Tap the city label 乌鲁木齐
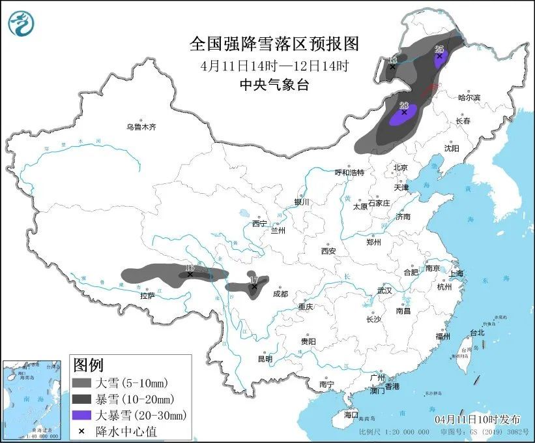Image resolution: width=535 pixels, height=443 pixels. click(x=141, y=127)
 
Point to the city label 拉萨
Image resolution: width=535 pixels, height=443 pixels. click(x=147, y=296)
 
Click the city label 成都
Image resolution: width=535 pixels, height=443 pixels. click(x=280, y=294)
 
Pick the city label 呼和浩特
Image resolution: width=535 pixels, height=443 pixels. click(x=349, y=172)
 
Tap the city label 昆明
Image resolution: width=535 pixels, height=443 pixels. click(x=265, y=358)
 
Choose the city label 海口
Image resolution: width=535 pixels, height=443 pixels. click(x=351, y=414)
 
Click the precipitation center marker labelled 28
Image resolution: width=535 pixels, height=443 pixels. click(x=404, y=112)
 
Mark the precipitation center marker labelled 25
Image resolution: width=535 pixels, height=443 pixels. click(x=439, y=56)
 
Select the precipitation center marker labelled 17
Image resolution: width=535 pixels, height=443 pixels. click(x=254, y=286)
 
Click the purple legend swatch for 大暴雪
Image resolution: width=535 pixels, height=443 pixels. click(x=82, y=414)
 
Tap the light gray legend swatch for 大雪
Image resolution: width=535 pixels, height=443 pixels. click(x=82, y=382)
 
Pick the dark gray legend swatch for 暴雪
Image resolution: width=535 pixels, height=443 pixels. click(x=82, y=398)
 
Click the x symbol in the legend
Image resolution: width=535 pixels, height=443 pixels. click(x=81, y=431)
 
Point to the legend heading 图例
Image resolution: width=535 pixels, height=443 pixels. click(x=88, y=364)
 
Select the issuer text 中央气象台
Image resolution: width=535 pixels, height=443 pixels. click(x=274, y=84)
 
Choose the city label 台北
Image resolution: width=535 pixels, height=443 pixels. click(x=477, y=332)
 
